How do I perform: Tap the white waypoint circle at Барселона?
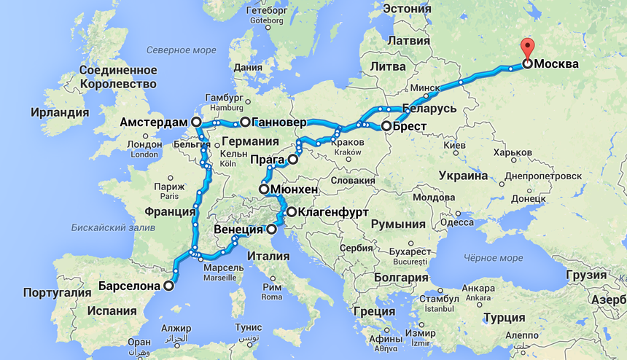coord(170,286)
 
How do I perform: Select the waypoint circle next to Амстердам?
coord(195,122)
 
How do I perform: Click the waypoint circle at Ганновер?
coord(246,122)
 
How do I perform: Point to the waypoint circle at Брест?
coord(386,126)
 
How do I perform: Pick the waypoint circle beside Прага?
coord(293,159)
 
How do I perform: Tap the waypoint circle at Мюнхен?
coord(264,189)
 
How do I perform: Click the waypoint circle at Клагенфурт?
coord(292,212)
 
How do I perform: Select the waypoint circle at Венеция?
coord(271,230)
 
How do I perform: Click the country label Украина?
coord(462,176)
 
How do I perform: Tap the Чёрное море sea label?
coord(492,258)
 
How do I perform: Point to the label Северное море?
coord(181,50)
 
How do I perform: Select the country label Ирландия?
coord(60,113)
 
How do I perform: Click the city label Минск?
coord(424,88)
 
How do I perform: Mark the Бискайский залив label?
coord(113,227)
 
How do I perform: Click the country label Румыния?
coord(398,224)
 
